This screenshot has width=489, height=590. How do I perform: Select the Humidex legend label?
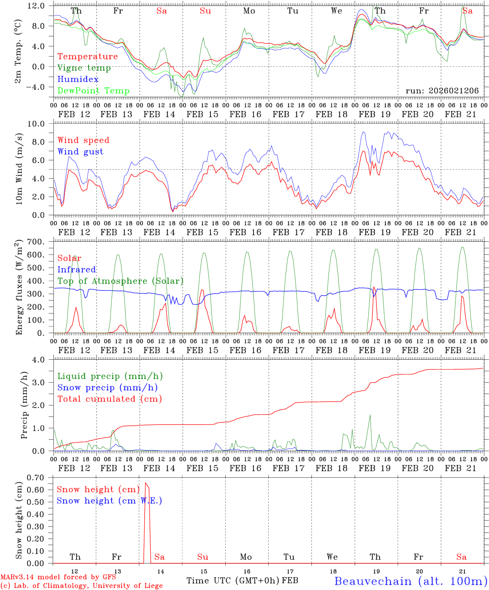(x=78, y=79)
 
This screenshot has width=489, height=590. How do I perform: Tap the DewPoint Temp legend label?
(x=93, y=91)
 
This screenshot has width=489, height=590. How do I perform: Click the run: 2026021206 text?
(x=442, y=91)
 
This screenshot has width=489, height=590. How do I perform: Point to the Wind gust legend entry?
(x=80, y=152)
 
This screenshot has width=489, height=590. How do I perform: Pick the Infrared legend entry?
(x=77, y=270)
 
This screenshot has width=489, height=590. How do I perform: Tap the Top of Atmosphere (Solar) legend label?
(x=120, y=281)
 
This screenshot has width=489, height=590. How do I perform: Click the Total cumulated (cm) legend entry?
(x=110, y=399)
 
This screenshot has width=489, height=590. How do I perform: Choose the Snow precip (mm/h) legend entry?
(x=107, y=388)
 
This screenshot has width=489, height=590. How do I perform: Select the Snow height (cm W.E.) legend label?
(x=109, y=501)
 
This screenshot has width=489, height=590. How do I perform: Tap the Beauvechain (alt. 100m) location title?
(x=410, y=581)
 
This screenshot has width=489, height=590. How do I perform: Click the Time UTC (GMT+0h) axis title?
(x=233, y=581)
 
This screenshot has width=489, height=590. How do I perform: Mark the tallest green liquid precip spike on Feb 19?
(x=370, y=415)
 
